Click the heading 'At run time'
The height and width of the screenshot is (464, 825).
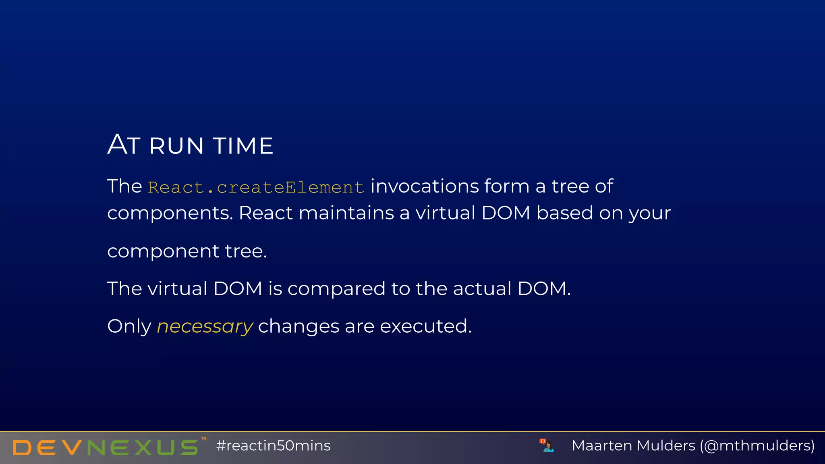pyautogui.click(x=190, y=145)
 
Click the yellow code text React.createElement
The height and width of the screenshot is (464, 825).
pyautogui.click(x=256, y=187)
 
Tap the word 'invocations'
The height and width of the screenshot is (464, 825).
pyautogui.click(x=425, y=186)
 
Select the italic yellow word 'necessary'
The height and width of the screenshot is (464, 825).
pyautogui.click(x=205, y=326)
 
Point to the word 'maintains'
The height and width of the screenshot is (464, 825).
pyautogui.click(x=346, y=213)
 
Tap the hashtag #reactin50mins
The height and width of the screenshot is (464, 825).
pyautogui.click(x=273, y=446)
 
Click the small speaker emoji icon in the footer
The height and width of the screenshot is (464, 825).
pyautogui.click(x=547, y=445)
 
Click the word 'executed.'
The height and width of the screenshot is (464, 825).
pyautogui.click(x=425, y=326)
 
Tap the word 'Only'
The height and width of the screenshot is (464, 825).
pyautogui.click(x=129, y=326)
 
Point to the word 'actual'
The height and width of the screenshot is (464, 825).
pyautogui.click(x=482, y=289)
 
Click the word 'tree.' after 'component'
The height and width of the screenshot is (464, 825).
pyautogui.click(x=246, y=251)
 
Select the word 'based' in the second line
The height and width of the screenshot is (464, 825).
pyautogui.click(x=564, y=213)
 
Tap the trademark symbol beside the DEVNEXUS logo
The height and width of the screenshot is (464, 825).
pyautogui.click(x=204, y=439)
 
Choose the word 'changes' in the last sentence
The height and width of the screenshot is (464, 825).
pyautogui.click(x=298, y=326)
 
